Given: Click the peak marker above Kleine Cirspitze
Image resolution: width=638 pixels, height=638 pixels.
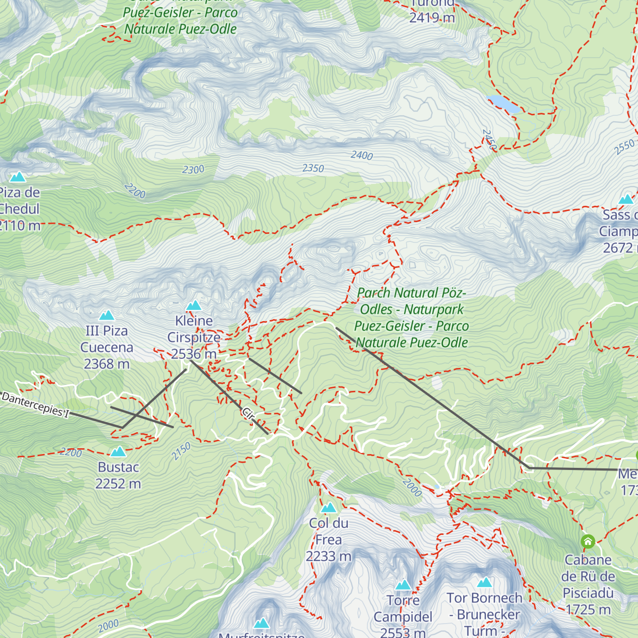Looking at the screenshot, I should (x=194, y=306).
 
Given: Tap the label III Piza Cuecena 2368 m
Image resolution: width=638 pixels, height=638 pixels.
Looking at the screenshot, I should (x=106, y=347).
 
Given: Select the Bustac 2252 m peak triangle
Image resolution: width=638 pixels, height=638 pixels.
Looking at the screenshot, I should (x=118, y=452).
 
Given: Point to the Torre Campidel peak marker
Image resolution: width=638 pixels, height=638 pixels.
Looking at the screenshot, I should (x=403, y=585).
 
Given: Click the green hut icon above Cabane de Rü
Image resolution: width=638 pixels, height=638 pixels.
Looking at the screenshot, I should (x=587, y=542).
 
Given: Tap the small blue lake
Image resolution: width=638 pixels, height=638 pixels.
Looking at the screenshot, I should (x=503, y=104).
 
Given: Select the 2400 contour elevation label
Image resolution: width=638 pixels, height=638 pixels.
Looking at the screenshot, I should (x=362, y=155).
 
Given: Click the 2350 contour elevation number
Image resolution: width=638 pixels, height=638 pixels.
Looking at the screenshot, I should (x=313, y=168).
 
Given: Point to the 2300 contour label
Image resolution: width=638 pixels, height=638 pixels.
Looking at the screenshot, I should (x=193, y=170).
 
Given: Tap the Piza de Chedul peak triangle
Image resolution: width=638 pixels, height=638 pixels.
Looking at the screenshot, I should (x=18, y=177).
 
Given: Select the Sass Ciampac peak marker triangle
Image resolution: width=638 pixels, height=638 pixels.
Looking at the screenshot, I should (x=626, y=199).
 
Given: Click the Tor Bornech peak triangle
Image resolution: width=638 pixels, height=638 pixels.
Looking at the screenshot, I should (x=484, y=583).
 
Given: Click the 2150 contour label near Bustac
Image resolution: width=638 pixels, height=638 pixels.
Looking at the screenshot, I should (x=181, y=451).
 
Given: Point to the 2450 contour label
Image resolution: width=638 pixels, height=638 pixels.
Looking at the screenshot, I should (x=489, y=140).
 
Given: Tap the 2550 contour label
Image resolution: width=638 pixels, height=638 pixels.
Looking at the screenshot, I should (x=625, y=147).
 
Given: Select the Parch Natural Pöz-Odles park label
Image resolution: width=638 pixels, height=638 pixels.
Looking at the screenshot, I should (x=411, y=317).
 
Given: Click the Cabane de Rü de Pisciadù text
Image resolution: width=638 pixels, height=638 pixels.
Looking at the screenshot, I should (x=588, y=584).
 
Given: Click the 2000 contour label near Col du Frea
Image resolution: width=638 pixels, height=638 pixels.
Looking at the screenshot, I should (x=412, y=488).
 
